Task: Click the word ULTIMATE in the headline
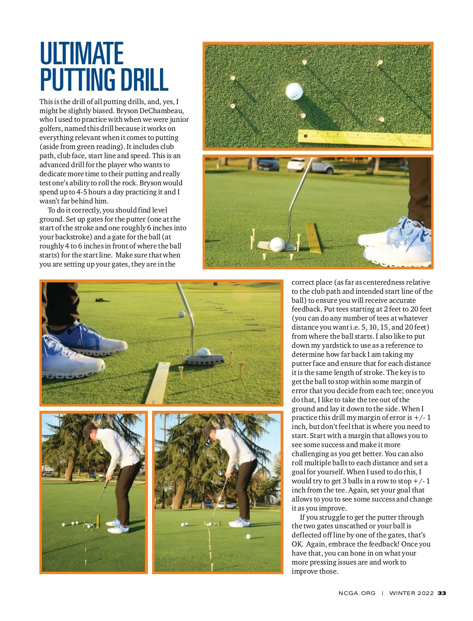pyautogui.click(x=82, y=54)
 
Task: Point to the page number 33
pyautogui.click(x=442, y=593)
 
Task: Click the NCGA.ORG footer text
pyautogui.click(x=357, y=593)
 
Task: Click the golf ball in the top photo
pyautogui.click(x=294, y=91)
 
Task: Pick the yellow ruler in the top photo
pyautogui.click(x=365, y=138)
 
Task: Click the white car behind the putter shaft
pyautogui.click(x=310, y=165)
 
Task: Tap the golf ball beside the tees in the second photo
pyautogui.click(x=277, y=244)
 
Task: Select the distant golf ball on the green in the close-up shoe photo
pyautogui.click(x=181, y=314)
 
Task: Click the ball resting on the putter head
pyautogui.click(x=203, y=352)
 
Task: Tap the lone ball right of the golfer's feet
pyautogui.click(x=248, y=537)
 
